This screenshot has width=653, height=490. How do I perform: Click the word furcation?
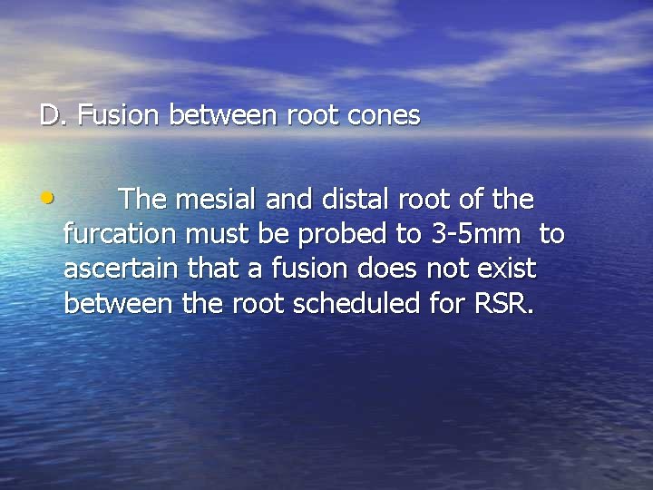coord(120,234)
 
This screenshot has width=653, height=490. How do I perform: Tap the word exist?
coord(508,269)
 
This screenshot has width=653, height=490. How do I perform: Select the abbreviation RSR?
coord(504,303)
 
